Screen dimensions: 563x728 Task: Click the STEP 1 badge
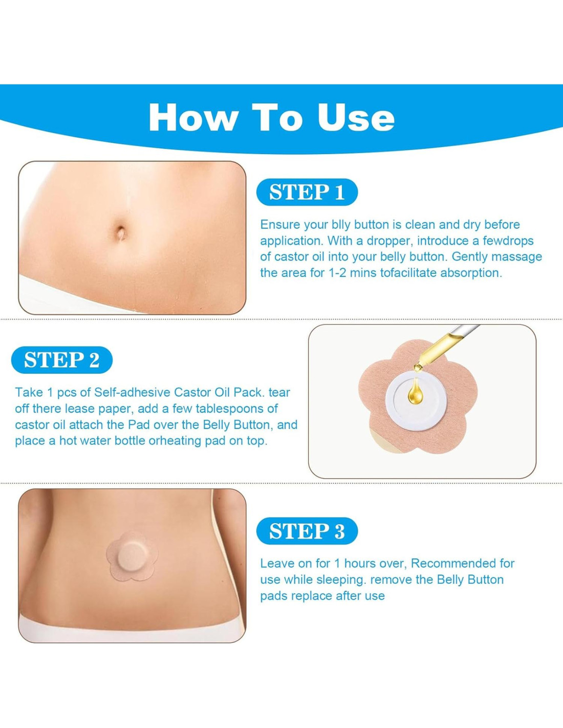point(307,192)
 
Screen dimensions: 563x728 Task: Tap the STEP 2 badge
point(62,360)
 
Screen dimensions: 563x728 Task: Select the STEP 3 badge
point(307,531)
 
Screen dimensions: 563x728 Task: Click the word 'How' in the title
point(192,117)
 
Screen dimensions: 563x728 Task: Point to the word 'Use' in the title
point(356,117)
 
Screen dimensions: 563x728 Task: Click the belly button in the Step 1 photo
point(121,232)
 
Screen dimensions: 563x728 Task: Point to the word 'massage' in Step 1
point(517,258)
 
